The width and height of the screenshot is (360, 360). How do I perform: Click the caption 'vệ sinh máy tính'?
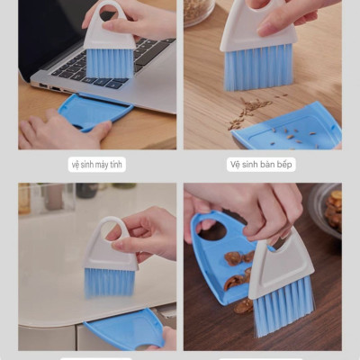97,165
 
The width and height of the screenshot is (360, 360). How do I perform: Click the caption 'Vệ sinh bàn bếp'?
261,164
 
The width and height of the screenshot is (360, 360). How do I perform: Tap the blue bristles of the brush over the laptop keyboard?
110,64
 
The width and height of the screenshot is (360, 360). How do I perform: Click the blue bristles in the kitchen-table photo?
258,67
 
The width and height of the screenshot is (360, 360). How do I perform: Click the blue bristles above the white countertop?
108,282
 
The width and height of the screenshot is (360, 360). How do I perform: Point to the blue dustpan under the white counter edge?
126,328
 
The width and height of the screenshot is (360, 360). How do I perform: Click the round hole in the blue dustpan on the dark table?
214,229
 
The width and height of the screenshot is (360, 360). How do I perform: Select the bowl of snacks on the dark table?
327,210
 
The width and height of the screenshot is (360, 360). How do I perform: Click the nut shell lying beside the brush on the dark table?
243,306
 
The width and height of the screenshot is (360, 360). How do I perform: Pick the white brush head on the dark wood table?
281,264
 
